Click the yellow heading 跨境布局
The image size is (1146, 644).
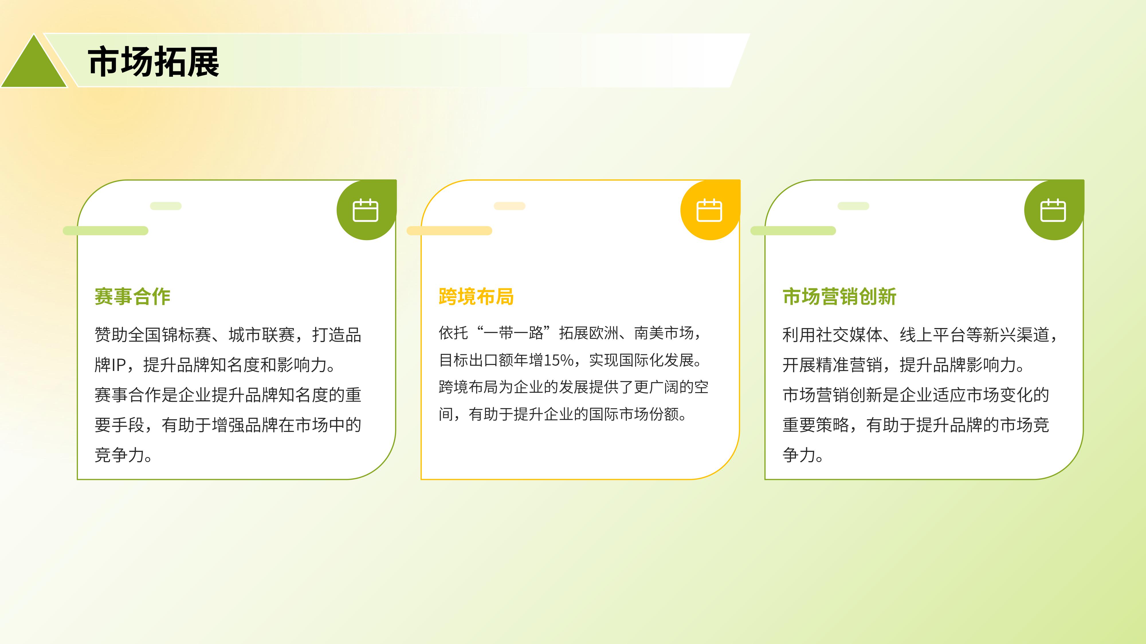coord(476,297)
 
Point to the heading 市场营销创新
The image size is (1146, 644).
coord(839,297)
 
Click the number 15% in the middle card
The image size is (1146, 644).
coord(559,360)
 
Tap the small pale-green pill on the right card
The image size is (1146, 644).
coord(853,206)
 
